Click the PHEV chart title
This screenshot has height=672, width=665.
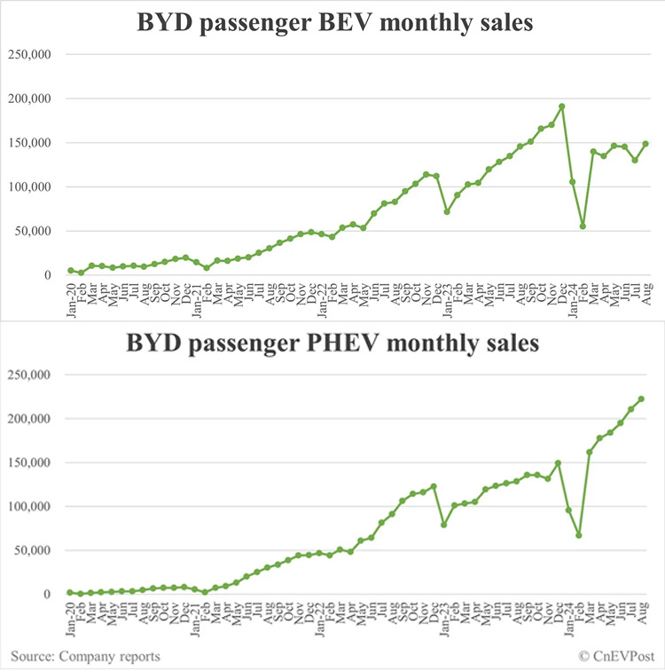click(335, 343)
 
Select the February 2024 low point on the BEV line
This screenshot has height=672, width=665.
click(583, 226)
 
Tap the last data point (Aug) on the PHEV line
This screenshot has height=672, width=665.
click(641, 399)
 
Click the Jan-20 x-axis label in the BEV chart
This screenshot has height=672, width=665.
click(71, 296)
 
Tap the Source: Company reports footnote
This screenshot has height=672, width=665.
click(86, 655)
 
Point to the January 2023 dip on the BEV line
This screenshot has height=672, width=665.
click(448, 211)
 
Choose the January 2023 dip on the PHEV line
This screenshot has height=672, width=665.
click(444, 525)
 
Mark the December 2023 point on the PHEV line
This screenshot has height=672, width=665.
click(558, 462)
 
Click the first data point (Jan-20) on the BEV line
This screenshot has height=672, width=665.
click(71, 271)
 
